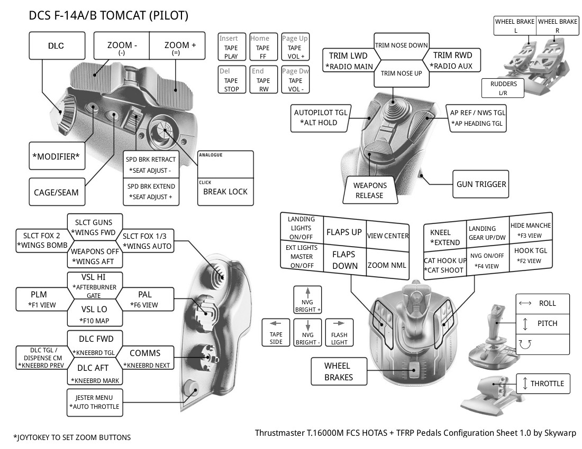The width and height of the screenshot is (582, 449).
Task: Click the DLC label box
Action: pyautogui.click(x=56, y=46)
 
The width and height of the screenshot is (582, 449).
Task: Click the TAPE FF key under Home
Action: pyautogui.click(x=262, y=48)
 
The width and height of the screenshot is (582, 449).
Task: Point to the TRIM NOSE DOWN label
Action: pyautogui.click(x=401, y=45)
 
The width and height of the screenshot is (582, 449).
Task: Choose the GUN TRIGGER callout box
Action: pyautogui.click(x=481, y=184)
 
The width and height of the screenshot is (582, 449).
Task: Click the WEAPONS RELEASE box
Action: pyautogui.click(x=370, y=190)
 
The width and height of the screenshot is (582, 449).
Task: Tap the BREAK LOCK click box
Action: pyautogui.click(x=225, y=192)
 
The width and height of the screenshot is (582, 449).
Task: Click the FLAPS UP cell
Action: pyautogui.click(x=344, y=232)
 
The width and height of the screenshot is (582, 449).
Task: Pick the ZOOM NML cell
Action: pyautogui.click(x=388, y=265)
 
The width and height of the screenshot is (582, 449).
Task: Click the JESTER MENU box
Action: pyautogui.click(x=94, y=402)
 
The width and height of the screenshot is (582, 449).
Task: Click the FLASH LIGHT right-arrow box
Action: pyautogui.click(x=339, y=332)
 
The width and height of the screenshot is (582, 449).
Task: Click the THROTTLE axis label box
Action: pyautogui.click(x=543, y=383)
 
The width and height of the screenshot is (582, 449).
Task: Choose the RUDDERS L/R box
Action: pyautogui.click(x=503, y=88)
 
